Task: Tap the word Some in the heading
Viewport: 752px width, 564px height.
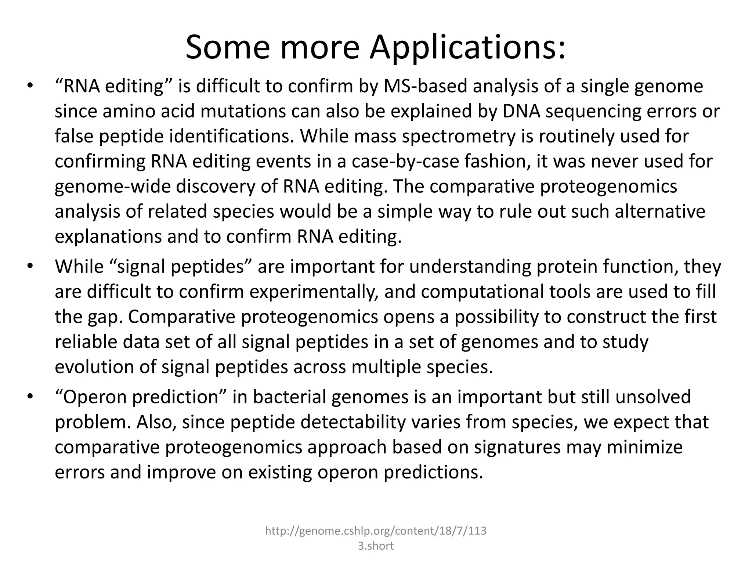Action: (x=227, y=47)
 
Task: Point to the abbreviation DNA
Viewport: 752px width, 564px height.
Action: (x=521, y=112)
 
